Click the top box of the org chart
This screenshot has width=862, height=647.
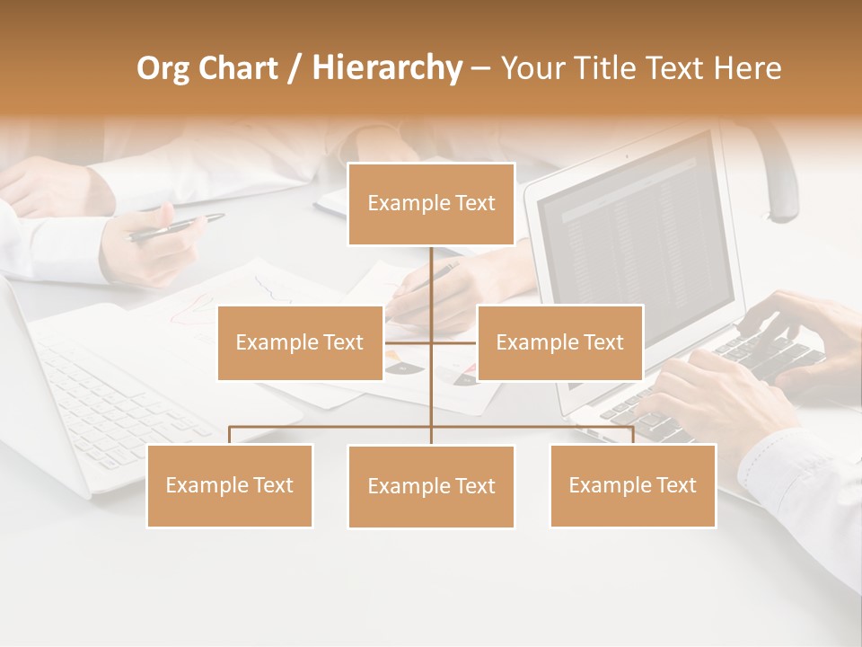tap(431, 204)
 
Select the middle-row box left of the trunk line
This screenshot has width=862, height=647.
tap(300, 342)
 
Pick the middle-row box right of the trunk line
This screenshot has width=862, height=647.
tap(559, 342)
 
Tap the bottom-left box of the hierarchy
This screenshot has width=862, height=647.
tap(230, 485)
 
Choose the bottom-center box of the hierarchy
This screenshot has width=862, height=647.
tap(431, 486)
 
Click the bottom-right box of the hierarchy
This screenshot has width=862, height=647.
tap(632, 485)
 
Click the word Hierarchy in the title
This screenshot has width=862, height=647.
tap(387, 67)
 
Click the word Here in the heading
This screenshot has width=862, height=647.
tap(747, 67)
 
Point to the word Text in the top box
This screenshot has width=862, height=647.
tap(473, 204)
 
